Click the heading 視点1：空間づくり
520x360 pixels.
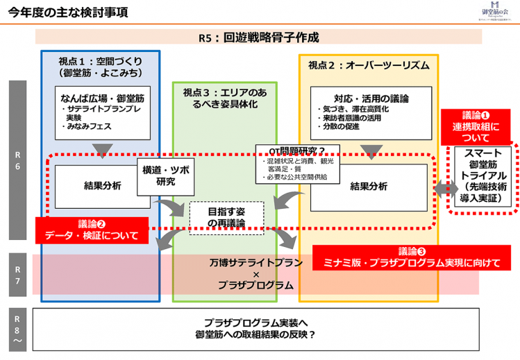pyautogui.click(x=101, y=66)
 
